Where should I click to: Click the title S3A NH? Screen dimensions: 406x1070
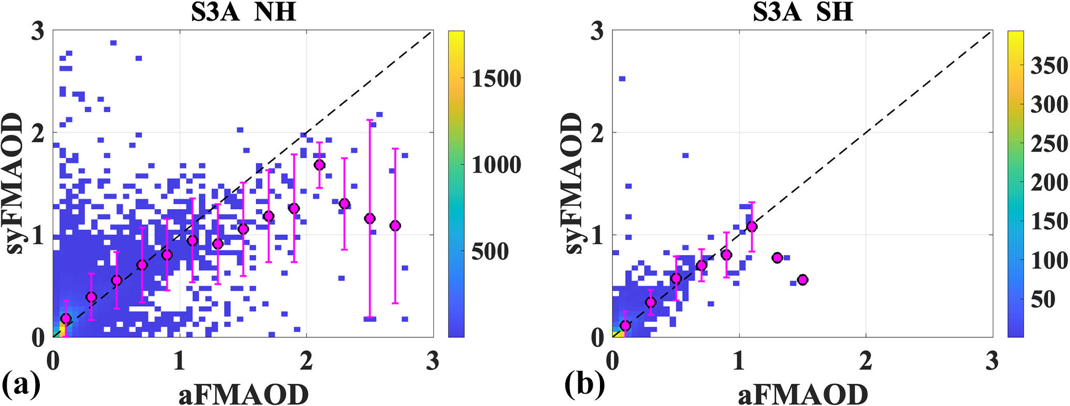[x=243, y=12]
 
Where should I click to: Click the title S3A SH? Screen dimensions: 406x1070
[x=802, y=12]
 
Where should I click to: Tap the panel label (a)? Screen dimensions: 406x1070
[x=21, y=385]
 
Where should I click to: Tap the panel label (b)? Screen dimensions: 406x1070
[x=584, y=385]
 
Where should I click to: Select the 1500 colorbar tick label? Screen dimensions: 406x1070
[x=496, y=79]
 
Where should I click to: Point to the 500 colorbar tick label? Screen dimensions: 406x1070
[x=490, y=252]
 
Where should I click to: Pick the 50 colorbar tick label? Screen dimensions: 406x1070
[x=1043, y=299]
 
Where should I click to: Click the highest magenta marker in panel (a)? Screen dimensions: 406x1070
[x=319, y=165]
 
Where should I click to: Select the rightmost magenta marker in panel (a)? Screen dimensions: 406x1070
[x=395, y=225]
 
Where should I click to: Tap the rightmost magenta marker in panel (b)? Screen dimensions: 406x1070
[x=802, y=280]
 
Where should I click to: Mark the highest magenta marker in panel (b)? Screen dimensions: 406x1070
[x=752, y=227]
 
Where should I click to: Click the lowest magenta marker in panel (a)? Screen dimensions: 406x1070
[x=65, y=318]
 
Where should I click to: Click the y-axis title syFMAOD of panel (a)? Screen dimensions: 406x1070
[x=15, y=184]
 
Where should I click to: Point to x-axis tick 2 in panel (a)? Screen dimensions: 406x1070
[x=306, y=362]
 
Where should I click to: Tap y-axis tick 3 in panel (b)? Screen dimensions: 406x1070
[x=597, y=32]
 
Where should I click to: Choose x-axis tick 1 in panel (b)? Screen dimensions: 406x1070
[x=739, y=362]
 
